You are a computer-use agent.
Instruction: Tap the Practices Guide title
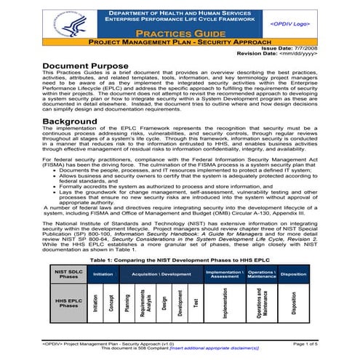[178, 34]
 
